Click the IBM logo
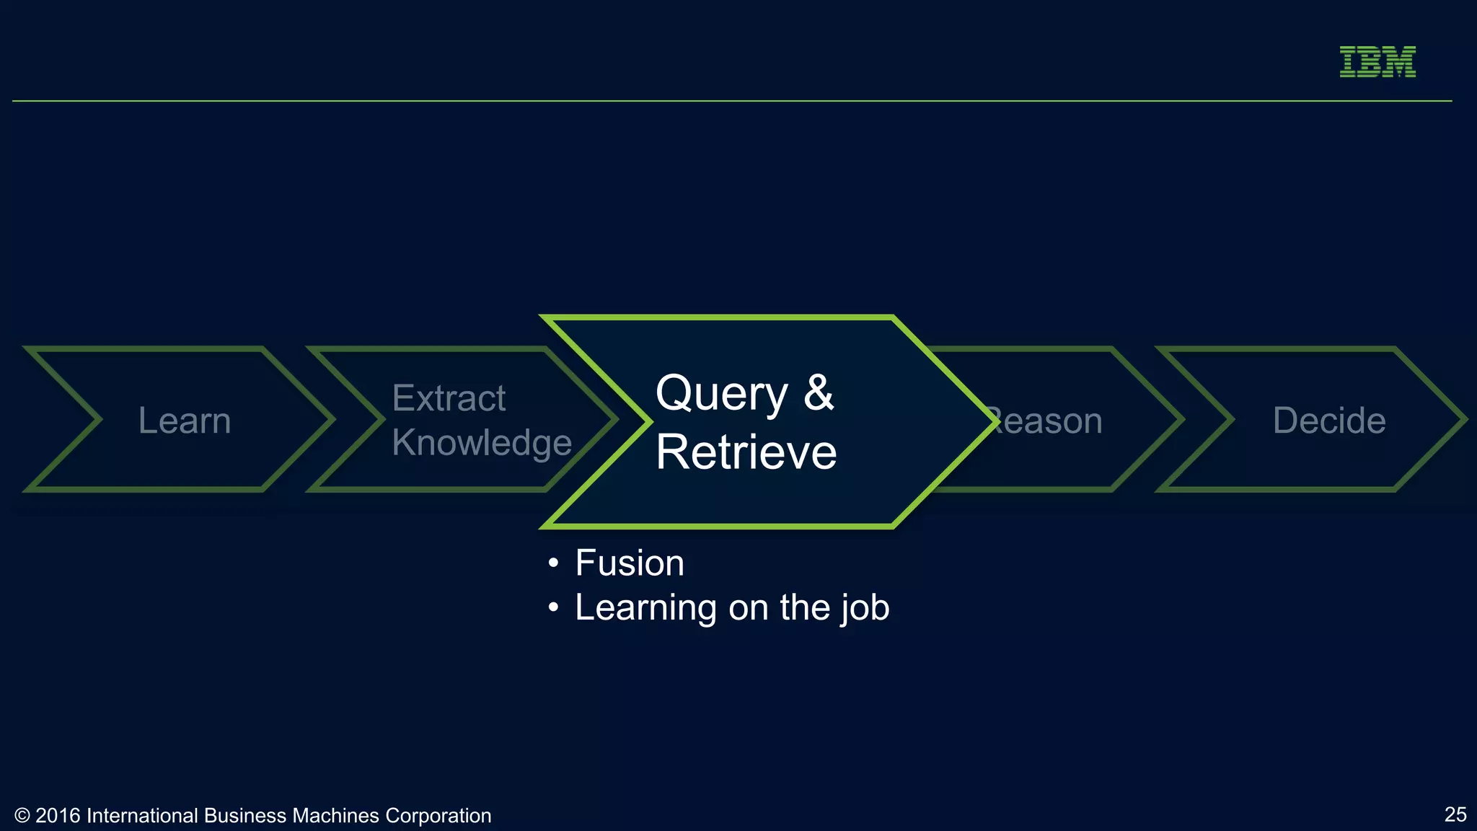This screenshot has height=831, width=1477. point(1377,61)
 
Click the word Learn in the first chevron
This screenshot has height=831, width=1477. point(185,421)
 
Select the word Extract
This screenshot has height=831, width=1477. point(449,398)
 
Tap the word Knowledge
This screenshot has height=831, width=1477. point(482,442)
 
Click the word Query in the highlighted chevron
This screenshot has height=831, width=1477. point(721,394)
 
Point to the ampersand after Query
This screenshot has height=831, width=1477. point(819,394)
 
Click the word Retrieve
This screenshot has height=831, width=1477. point(746,452)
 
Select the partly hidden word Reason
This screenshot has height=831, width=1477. point(1049,421)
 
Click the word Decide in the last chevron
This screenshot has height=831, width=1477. point(1329,421)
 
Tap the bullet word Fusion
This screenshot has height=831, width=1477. point(630,563)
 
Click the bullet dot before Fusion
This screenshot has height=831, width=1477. point(553,563)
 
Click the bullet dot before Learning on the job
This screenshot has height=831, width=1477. point(553,607)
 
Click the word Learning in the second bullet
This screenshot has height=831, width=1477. point(646,607)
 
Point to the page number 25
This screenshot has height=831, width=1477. point(1455,814)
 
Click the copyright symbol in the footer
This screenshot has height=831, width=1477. point(22,816)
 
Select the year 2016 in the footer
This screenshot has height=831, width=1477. point(58,816)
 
